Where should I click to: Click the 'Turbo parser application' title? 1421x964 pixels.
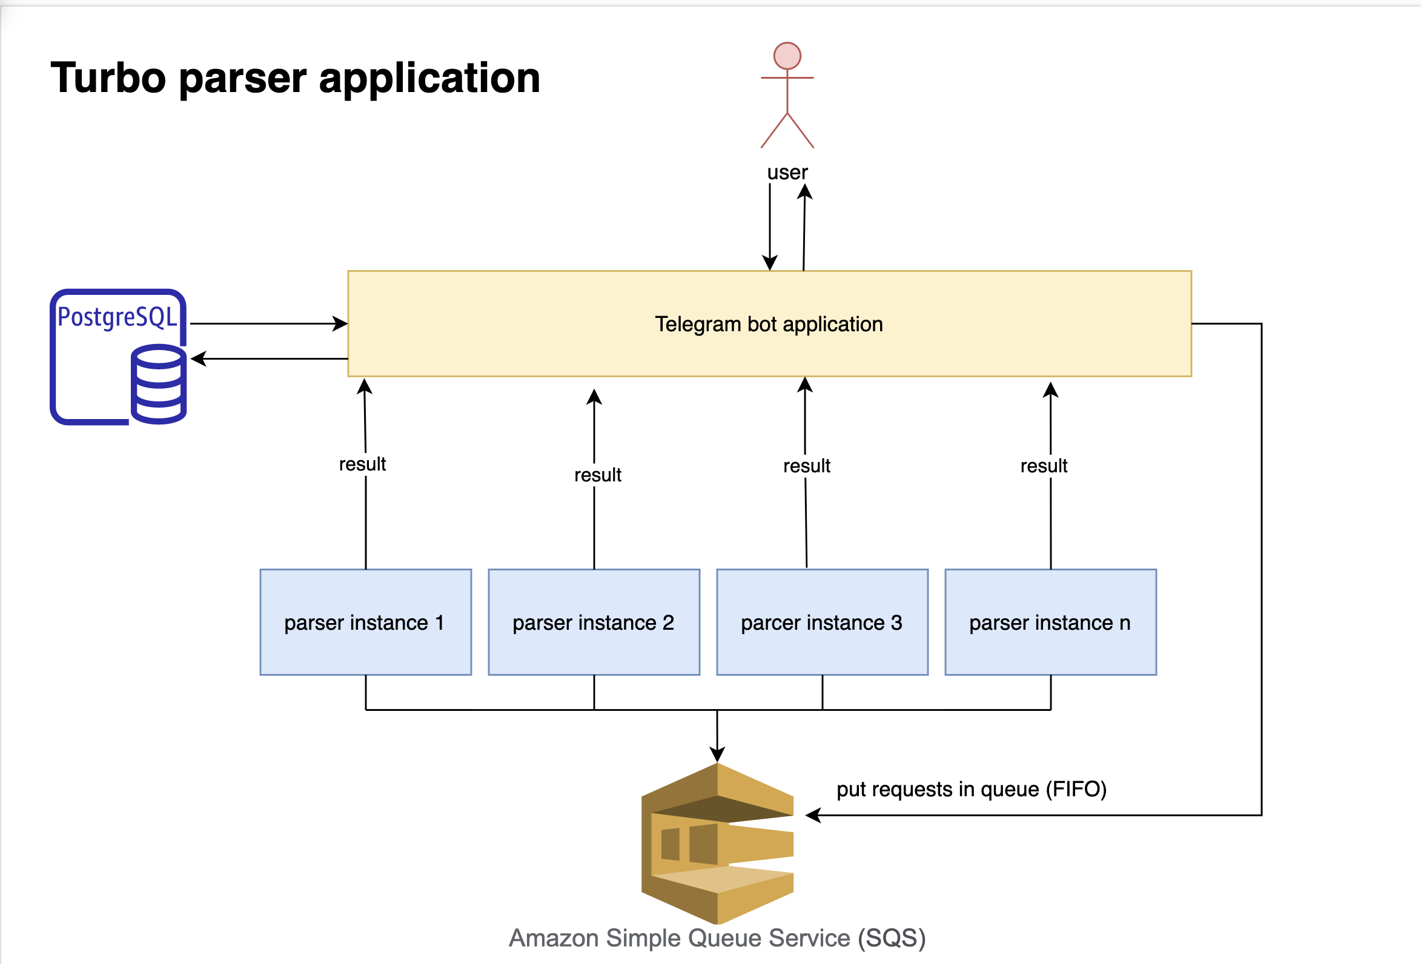click(296, 78)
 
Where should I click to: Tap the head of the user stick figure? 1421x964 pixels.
click(787, 56)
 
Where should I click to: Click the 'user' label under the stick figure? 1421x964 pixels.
click(787, 173)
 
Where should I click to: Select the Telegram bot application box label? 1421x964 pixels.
click(769, 324)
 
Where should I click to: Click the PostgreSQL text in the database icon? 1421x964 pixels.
click(117, 317)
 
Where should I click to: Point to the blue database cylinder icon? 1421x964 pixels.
click(158, 385)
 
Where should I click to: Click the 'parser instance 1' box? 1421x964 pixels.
click(365, 622)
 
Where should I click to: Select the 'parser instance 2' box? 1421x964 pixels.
click(594, 622)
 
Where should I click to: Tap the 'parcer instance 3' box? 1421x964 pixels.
click(822, 622)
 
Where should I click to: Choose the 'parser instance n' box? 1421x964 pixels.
click(1050, 622)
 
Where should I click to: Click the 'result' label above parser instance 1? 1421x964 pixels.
click(363, 464)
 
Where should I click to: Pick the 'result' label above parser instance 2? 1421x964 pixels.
click(597, 475)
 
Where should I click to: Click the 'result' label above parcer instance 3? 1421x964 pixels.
click(806, 466)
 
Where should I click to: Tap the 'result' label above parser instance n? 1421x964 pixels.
click(1044, 466)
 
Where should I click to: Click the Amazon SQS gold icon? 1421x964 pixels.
click(717, 843)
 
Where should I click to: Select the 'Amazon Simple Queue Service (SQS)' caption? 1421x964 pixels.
click(717, 938)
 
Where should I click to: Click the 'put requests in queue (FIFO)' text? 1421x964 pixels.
click(972, 789)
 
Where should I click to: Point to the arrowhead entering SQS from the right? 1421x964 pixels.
click(813, 815)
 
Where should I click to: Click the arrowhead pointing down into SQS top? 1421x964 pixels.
click(717, 755)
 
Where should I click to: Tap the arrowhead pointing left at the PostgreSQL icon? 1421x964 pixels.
click(198, 359)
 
